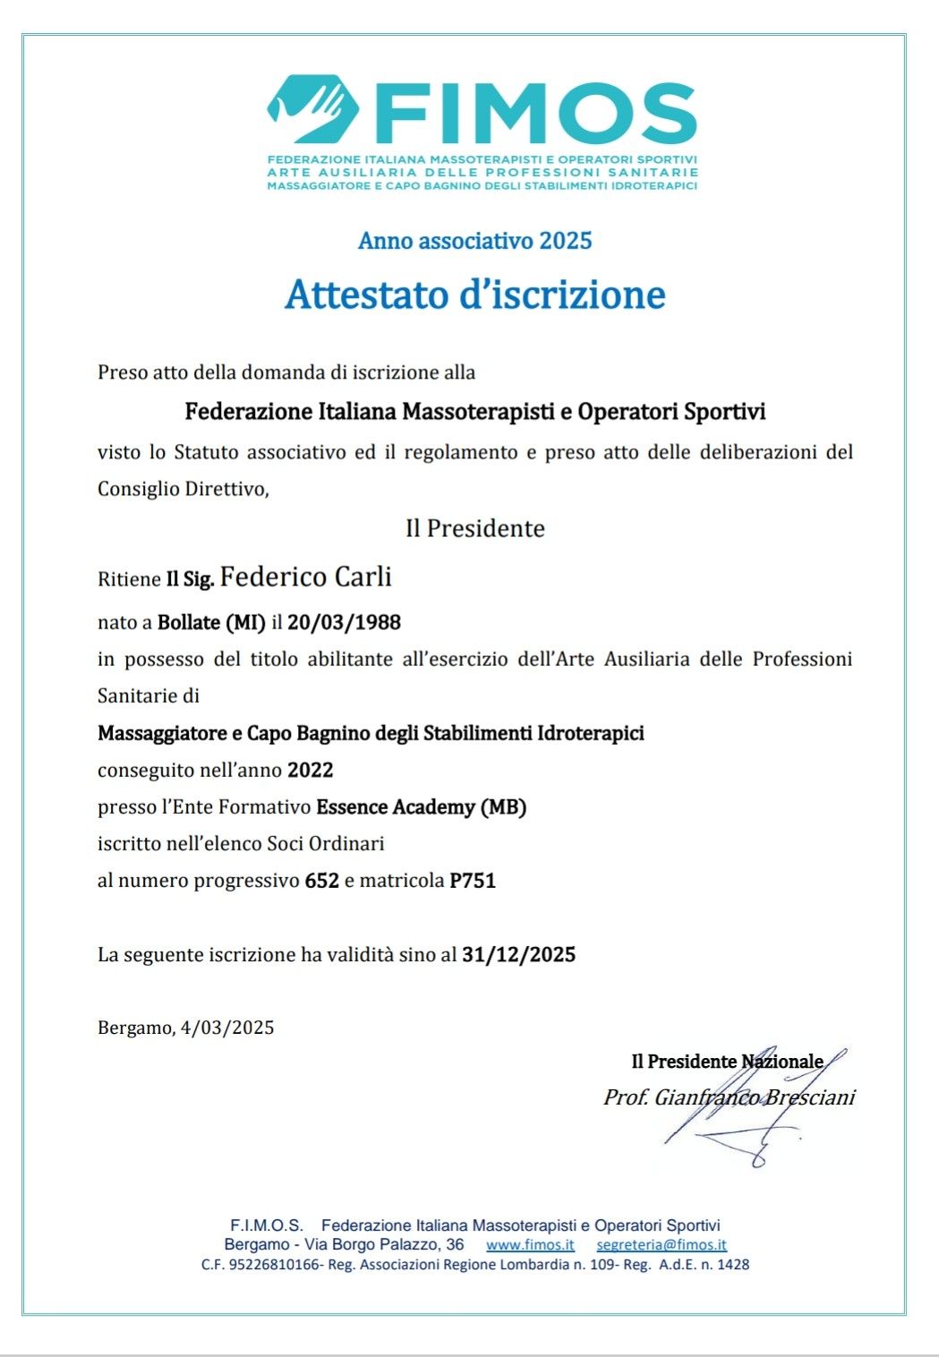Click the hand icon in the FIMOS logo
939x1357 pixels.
(x=312, y=109)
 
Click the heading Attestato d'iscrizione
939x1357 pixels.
(x=475, y=294)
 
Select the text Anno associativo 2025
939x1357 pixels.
(x=475, y=241)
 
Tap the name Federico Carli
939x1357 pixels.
(x=306, y=576)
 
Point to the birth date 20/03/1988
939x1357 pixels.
(x=344, y=622)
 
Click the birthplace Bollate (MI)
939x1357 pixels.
(x=211, y=622)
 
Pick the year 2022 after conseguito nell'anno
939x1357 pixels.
(x=310, y=770)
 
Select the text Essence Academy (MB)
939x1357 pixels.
(x=421, y=807)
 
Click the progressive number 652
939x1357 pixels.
(x=321, y=881)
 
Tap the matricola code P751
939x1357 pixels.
(x=473, y=881)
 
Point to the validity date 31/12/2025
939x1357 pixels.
(x=518, y=954)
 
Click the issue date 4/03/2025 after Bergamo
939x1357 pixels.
(x=227, y=1028)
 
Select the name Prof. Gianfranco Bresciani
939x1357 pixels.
(x=729, y=1097)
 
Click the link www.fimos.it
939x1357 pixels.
(x=530, y=1245)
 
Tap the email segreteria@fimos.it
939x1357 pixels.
(x=662, y=1245)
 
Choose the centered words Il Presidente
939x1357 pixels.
(x=475, y=528)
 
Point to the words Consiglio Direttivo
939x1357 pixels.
(x=182, y=490)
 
